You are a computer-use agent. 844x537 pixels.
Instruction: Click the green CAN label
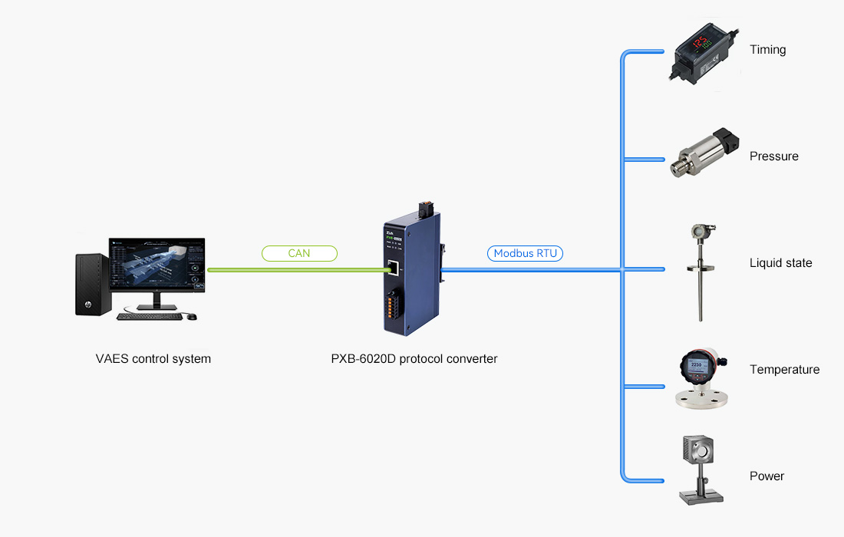coord(299,253)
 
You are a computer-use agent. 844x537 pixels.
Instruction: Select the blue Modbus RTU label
coord(525,253)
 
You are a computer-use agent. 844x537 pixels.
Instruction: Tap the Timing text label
coord(767,50)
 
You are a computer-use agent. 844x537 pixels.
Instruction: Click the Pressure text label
coord(774,156)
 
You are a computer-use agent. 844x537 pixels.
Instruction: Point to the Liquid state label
coord(780,262)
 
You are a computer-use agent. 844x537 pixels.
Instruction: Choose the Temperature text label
coord(784,370)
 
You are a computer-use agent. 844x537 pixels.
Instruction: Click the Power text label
coord(767,476)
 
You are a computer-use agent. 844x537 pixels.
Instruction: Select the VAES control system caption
coord(153,359)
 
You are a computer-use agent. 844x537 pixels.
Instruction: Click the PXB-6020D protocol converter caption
coord(414,359)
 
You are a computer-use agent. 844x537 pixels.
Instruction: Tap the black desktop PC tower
coord(93,285)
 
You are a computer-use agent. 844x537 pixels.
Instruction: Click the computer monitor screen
coord(157,265)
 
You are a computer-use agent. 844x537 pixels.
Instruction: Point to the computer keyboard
coord(151,316)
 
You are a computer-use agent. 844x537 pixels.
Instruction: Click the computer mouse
coord(192,316)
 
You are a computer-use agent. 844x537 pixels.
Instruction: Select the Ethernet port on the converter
coord(393,268)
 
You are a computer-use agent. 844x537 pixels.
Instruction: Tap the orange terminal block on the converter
coord(390,306)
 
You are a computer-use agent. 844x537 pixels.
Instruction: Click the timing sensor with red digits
coord(704,54)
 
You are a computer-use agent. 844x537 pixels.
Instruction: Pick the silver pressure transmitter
coord(704,152)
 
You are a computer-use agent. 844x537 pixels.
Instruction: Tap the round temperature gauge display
coord(696,365)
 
